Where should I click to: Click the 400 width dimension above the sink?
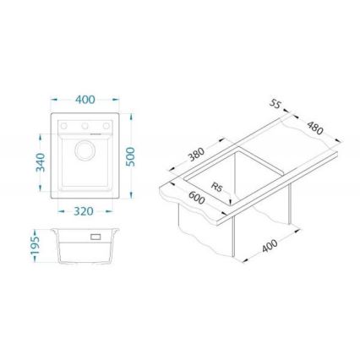click(x=85, y=99)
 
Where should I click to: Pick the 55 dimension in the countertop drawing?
click(x=275, y=104)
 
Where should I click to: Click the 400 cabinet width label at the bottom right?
click(x=270, y=246)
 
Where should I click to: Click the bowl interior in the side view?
click(x=85, y=252)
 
